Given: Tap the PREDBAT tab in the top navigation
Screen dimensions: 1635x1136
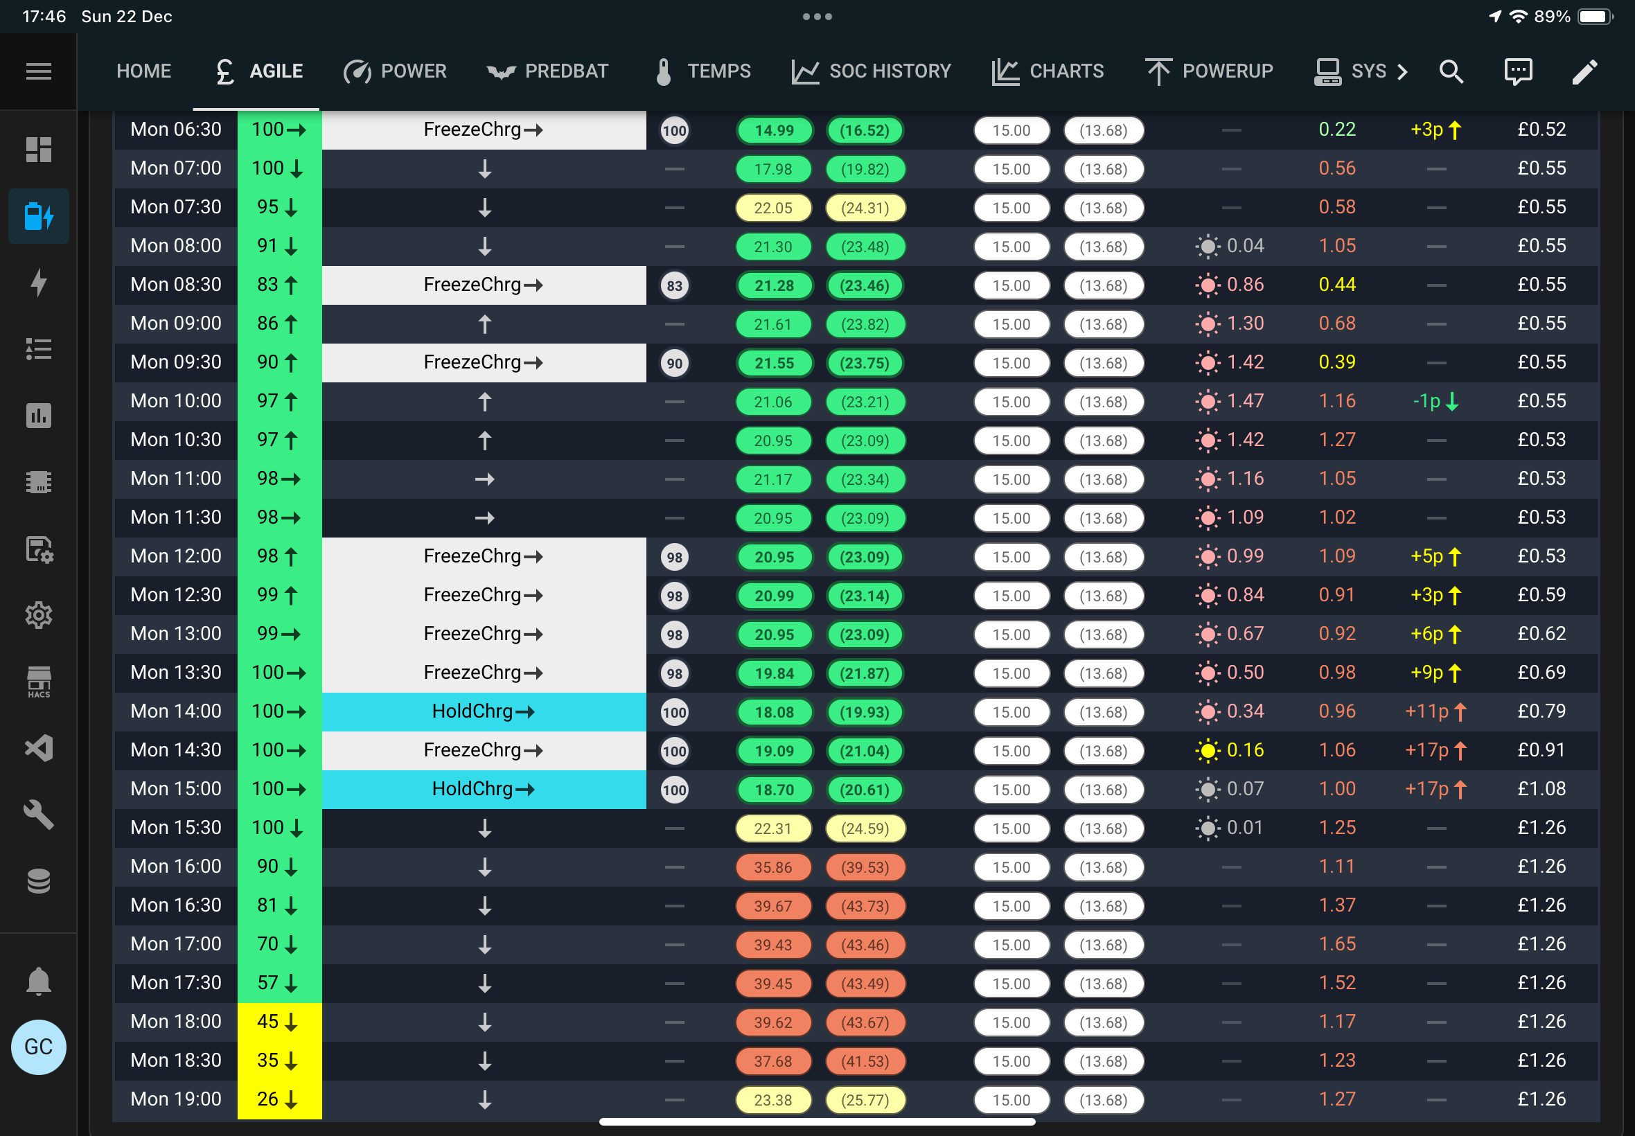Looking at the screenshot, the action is pyautogui.click(x=547, y=71).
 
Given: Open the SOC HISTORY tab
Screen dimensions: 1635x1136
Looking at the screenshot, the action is pyautogui.click(x=872, y=71).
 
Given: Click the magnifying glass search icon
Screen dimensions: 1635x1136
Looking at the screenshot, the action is pyautogui.click(x=1451, y=71).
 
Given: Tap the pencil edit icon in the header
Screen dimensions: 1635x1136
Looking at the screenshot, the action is pyautogui.click(x=1584, y=71).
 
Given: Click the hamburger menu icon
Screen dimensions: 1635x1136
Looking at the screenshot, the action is pyautogui.click(x=38, y=71).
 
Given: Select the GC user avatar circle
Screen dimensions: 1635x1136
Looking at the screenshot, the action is pyautogui.click(x=38, y=1047).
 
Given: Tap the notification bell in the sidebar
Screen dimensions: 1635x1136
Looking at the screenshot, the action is pyautogui.click(x=38, y=981).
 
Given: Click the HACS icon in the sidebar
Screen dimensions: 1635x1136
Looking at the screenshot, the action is pyautogui.click(x=38, y=682).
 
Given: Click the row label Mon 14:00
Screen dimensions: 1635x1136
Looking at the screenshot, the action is pyautogui.click(x=176, y=711).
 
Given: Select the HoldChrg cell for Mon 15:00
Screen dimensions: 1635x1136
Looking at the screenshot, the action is pyautogui.click(x=484, y=789).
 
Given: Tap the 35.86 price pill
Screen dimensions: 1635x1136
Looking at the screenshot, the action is pyautogui.click(x=773, y=867).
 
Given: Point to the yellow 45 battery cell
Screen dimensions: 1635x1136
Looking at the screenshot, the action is pyautogui.click(x=279, y=1022).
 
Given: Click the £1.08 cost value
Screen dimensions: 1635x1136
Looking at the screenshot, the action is pyautogui.click(x=1541, y=789).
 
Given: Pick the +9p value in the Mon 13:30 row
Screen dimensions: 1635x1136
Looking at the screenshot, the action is pyautogui.click(x=1427, y=673).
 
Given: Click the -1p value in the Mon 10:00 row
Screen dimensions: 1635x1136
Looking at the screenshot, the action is pyautogui.click(x=1426, y=401).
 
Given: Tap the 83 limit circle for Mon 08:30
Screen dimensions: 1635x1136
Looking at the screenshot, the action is pyautogui.click(x=674, y=285).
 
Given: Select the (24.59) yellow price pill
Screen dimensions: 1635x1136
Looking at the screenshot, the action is pyautogui.click(x=865, y=828).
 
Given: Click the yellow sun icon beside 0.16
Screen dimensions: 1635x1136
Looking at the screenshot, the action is pyautogui.click(x=1208, y=750).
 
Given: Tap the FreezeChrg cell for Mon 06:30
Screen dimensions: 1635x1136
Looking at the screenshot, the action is pyautogui.click(x=484, y=130).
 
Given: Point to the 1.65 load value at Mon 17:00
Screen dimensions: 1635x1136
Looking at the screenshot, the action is pyautogui.click(x=1337, y=944).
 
